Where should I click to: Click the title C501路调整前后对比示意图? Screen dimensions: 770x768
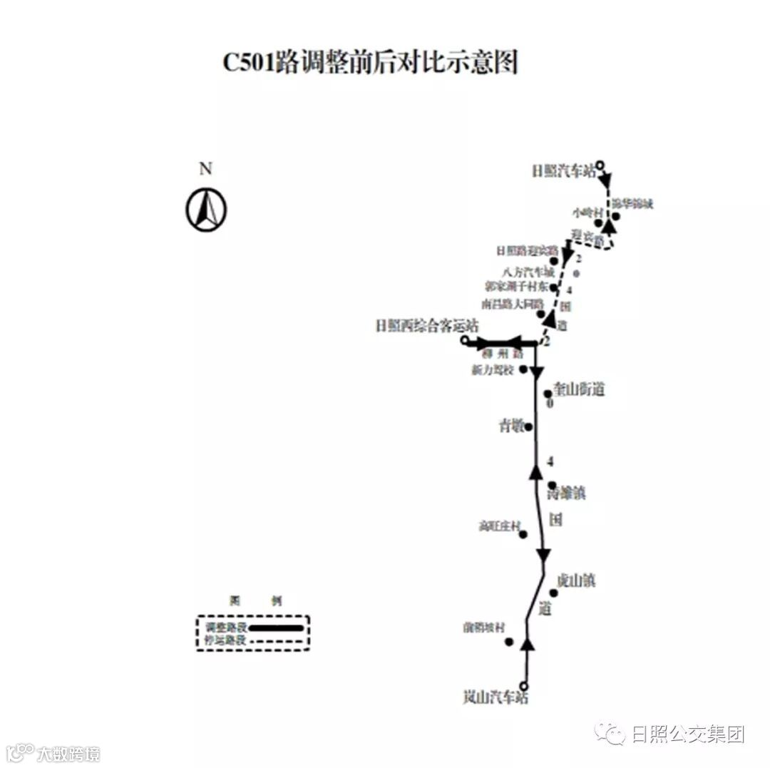[x=370, y=63]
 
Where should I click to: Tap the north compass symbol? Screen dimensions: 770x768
[x=206, y=210]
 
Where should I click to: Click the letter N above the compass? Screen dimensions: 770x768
[x=205, y=169]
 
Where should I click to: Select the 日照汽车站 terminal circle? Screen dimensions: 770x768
[x=600, y=165]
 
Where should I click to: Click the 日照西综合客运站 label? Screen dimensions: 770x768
[x=417, y=325]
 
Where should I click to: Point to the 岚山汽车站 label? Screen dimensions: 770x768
[x=496, y=698]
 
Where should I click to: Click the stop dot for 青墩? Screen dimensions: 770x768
[x=529, y=426]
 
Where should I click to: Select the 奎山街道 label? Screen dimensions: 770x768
[x=578, y=390]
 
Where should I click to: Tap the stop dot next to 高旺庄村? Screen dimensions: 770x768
[x=523, y=534]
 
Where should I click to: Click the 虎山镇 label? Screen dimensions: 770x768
[x=575, y=581]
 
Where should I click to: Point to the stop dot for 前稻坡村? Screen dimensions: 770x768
[x=509, y=642]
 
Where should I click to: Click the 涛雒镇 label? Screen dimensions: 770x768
[x=565, y=493]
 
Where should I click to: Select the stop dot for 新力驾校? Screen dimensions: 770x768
[x=523, y=369]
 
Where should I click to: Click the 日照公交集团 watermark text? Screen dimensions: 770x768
[x=688, y=734]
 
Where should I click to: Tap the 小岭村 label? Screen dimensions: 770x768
[x=587, y=213]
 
